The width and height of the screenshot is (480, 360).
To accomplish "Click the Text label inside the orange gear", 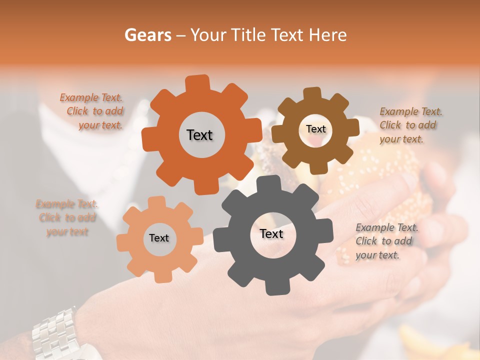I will pyautogui.click(x=199, y=135).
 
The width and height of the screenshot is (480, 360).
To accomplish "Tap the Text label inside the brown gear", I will pyautogui.click(x=315, y=129).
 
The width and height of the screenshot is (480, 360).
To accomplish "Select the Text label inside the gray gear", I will pyautogui.click(x=271, y=233).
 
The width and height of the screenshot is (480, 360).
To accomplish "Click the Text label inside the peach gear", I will pyautogui.click(x=159, y=238).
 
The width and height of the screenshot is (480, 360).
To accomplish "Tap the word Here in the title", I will pyautogui.click(x=328, y=35).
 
